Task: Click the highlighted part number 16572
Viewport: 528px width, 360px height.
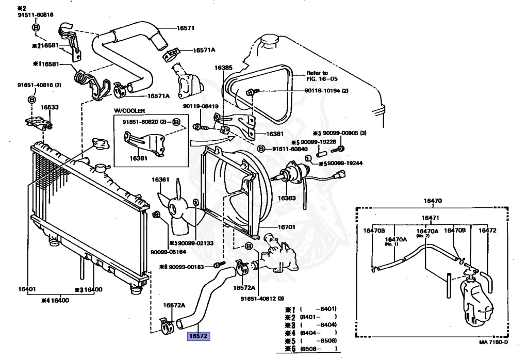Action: [199, 336]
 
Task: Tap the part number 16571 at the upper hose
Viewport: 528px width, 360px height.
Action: [186, 28]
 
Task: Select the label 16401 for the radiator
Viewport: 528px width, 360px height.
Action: [27, 289]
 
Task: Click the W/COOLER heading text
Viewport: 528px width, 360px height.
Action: [129, 111]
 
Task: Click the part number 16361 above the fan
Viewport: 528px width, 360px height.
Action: [160, 179]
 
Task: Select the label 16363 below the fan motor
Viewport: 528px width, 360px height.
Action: [287, 198]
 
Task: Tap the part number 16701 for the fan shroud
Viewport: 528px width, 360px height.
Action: [286, 227]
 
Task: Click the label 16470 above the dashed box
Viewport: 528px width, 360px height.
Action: [433, 201]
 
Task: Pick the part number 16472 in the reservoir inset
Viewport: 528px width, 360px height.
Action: [487, 231]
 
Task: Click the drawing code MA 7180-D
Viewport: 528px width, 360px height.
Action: [493, 342]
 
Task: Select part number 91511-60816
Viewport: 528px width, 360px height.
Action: [36, 15]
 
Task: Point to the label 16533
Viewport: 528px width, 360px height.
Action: [49, 107]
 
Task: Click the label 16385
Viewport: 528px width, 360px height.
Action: [224, 68]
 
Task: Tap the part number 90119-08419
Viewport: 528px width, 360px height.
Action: [201, 106]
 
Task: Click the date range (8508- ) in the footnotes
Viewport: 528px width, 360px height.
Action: [318, 349]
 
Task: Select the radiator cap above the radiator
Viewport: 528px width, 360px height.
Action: [101, 144]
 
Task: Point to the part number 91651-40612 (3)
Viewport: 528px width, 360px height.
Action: [262, 299]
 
